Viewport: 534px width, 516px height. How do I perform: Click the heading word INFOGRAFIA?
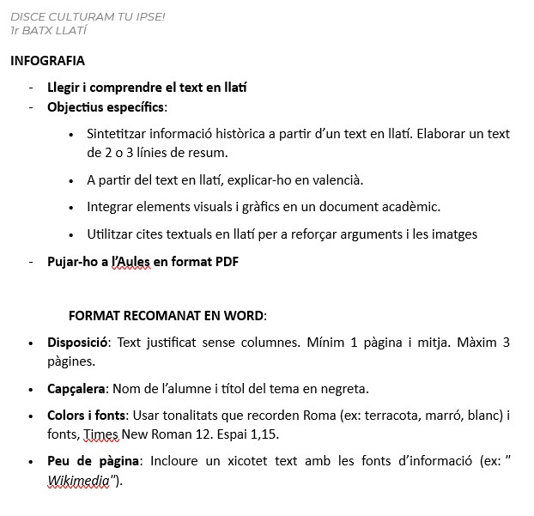[47, 61]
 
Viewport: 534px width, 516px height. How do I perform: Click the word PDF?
[225, 262]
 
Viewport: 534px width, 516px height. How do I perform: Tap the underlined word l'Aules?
[130, 262]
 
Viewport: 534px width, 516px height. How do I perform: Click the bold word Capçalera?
[76, 388]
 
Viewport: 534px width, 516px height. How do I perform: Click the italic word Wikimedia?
[78, 481]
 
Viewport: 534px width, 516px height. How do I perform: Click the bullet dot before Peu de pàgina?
[31, 462]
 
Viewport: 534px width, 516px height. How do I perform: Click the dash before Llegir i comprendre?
[31, 88]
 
